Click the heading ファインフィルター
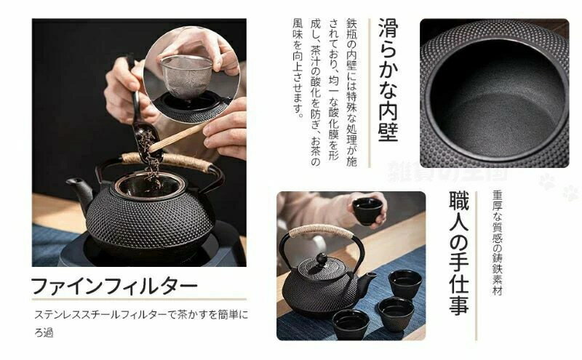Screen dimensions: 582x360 click(114, 286)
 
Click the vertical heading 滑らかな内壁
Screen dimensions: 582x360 click(388, 80)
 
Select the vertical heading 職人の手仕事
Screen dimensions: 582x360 click(459, 253)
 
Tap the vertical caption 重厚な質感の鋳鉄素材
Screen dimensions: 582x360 click(497, 243)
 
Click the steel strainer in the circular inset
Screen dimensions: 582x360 click(186, 76)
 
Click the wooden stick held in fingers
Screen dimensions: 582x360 click(178, 137)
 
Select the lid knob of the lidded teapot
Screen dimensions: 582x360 click(321, 259)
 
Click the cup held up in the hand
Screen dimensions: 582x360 click(367, 211)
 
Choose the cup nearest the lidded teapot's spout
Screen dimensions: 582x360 click(405, 284)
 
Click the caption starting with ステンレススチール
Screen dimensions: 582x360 click(141, 323)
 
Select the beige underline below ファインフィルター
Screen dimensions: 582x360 click(139, 299)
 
